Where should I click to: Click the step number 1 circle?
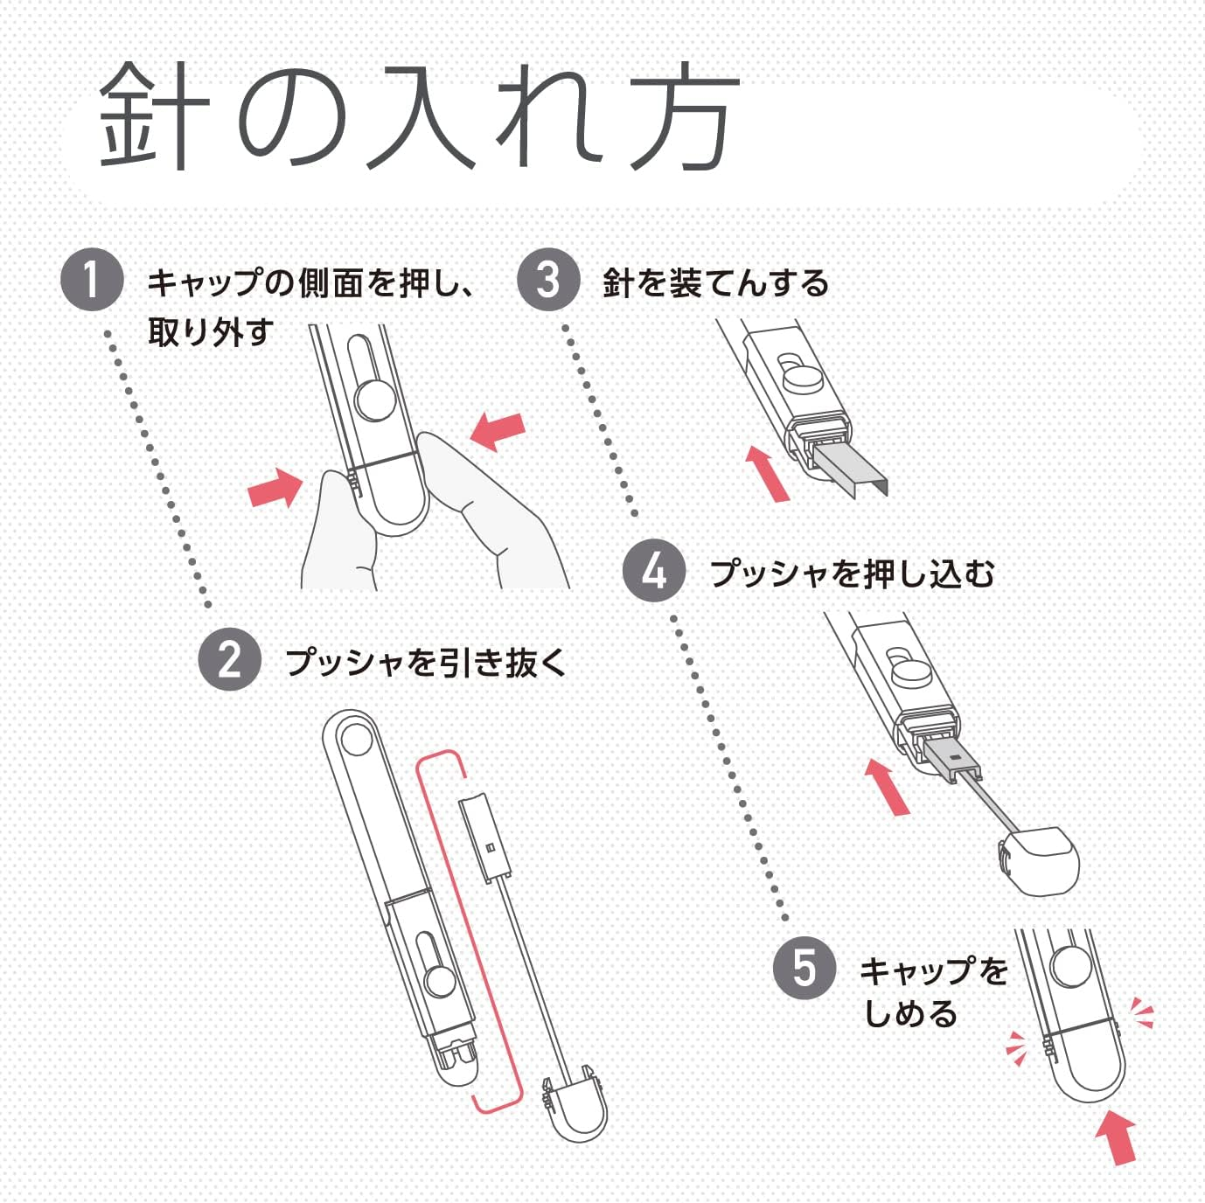92,279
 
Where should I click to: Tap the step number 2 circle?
230,659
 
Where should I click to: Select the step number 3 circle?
548,280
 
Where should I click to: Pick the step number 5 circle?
804,969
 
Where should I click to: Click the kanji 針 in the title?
154,115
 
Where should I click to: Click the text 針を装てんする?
715,283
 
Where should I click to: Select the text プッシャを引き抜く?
426,662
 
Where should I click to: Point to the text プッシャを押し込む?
852,574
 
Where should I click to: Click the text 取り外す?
210,332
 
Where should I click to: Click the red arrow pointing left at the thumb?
498,431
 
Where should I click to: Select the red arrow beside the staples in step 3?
767,473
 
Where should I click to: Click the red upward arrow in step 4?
887,786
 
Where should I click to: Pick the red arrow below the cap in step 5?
1117,1136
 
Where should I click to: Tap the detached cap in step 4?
1040,861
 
